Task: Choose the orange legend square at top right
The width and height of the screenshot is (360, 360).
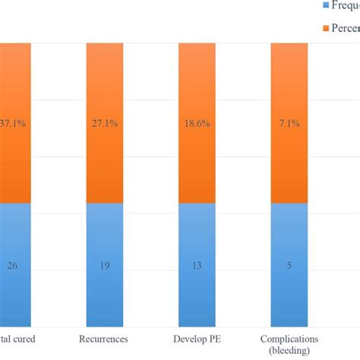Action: pyautogui.click(x=327, y=28)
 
